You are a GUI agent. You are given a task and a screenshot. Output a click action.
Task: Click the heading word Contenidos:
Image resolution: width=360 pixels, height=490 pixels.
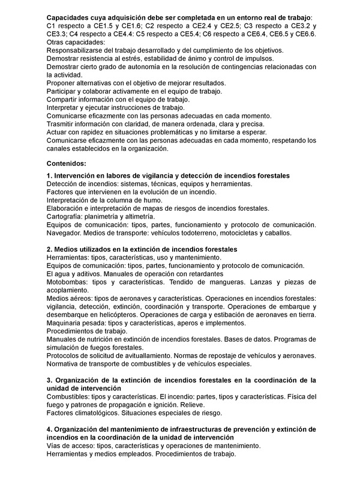coord(66,163)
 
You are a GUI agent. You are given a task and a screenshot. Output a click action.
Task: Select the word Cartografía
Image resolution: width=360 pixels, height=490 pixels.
coord(67,216)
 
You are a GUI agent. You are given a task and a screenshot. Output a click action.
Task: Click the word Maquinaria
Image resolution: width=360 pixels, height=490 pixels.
coord(66,323)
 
